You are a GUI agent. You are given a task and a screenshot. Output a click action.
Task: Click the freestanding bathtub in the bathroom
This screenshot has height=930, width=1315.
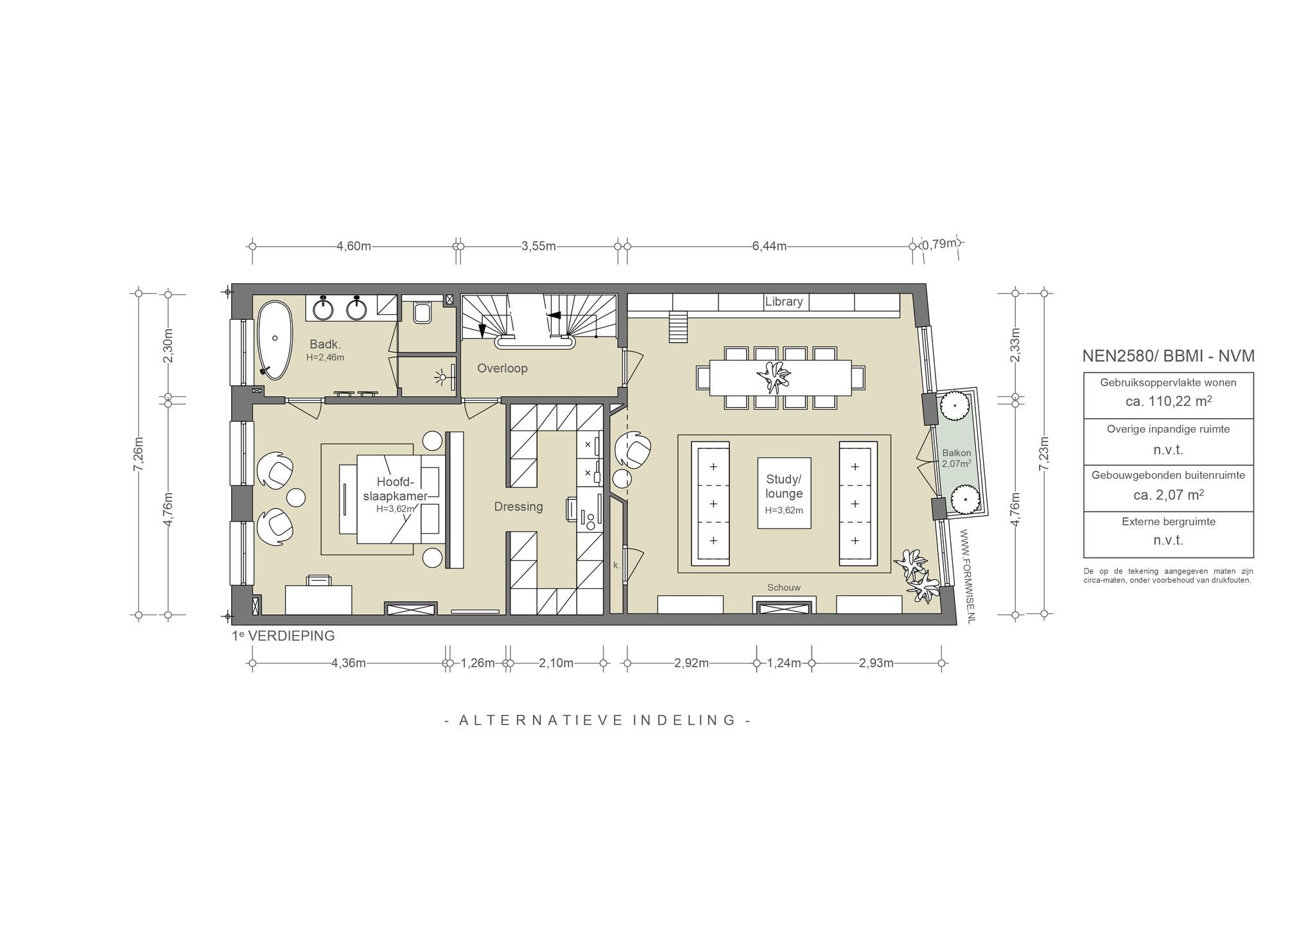[x=274, y=340]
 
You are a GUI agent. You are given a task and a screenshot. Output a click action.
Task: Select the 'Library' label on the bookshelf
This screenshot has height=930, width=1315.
[x=783, y=301]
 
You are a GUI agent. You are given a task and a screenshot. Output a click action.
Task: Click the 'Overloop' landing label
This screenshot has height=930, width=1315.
[x=502, y=369]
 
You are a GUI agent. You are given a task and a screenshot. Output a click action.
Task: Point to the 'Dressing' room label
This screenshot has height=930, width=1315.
[x=518, y=507]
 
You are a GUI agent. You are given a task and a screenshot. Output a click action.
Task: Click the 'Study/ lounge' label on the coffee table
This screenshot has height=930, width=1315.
[x=784, y=487]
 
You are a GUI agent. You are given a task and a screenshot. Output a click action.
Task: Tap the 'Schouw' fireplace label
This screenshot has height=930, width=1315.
[x=784, y=588]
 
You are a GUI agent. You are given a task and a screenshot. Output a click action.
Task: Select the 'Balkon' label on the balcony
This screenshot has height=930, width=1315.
[x=956, y=453]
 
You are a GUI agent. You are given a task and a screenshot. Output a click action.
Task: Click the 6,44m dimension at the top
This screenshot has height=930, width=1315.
[x=769, y=247]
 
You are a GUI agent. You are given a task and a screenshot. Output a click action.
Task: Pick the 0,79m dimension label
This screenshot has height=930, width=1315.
[x=941, y=244]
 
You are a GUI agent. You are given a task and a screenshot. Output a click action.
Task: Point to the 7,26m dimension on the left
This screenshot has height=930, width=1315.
[x=138, y=453]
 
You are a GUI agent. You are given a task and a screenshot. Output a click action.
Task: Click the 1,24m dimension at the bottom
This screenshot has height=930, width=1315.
[x=784, y=663]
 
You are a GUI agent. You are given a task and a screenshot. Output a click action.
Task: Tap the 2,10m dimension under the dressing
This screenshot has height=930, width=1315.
[x=556, y=663]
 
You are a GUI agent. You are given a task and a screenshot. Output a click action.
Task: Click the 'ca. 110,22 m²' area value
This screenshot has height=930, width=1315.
[x=1168, y=401]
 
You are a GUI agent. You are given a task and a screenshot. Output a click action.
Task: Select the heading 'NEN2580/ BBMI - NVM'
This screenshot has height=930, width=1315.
[x=1168, y=356]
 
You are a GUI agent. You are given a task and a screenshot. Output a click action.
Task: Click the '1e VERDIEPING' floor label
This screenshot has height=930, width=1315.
[x=283, y=636]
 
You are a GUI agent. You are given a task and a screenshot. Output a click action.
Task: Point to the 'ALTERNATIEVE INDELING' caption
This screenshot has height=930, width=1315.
[x=597, y=720]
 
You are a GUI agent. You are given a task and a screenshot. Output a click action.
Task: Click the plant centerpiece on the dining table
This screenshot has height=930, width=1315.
[x=774, y=377]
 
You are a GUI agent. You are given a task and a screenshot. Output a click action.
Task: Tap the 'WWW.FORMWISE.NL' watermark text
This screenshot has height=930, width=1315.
[x=969, y=575]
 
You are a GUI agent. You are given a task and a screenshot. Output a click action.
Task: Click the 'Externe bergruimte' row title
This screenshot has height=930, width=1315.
[x=1169, y=522]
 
